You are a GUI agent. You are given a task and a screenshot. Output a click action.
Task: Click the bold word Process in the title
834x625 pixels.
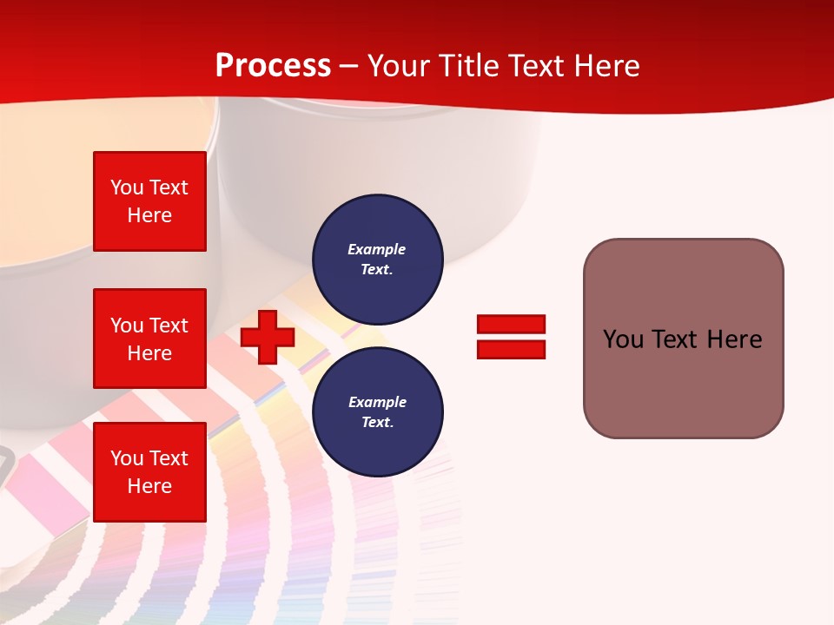(273, 66)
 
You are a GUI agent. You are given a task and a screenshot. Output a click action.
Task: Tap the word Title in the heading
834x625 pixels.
(469, 66)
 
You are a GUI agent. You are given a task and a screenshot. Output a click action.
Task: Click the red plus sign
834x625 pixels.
(268, 337)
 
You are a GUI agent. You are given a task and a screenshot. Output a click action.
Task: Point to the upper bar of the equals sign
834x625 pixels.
(511, 324)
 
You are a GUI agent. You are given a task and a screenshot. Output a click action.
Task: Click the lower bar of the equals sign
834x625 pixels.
(511, 349)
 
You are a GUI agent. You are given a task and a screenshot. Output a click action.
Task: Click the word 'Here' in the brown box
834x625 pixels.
(734, 339)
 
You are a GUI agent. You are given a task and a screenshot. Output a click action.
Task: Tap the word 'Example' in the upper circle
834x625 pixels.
(376, 249)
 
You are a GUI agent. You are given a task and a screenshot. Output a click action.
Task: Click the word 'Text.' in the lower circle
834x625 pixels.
(377, 422)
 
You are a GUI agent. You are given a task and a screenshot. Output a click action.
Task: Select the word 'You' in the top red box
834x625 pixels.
(127, 187)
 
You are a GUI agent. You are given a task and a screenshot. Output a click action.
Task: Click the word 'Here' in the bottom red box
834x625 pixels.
(149, 486)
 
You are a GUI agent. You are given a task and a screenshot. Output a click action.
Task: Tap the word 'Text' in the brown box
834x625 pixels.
(675, 339)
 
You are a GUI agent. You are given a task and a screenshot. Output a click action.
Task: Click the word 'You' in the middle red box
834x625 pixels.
(127, 326)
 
